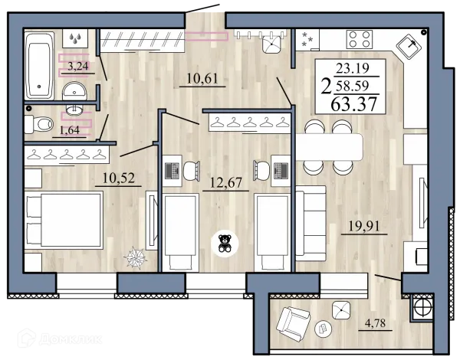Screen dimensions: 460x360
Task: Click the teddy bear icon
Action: pos(225,243)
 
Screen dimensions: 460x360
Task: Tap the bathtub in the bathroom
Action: pos(40,66)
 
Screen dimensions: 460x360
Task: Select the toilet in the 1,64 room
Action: pos(39,124)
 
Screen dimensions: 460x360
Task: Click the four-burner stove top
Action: pos(360,39)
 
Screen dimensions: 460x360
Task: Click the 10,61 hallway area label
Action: pos(202,79)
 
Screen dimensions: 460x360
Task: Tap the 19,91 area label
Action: pos(364,226)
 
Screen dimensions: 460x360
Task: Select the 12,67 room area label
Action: pos(226,182)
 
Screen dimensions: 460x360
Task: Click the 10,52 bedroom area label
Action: pos(119,178)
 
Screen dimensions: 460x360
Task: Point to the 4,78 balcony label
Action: pos(375,323)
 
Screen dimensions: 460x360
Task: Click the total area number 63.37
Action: pos(353,104)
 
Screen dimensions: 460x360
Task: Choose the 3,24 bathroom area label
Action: pos(77,66)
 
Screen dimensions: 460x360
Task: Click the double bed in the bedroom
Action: pos(64,220)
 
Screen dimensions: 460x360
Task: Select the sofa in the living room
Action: pos(310,223)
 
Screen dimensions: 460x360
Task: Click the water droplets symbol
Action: pos(75,38)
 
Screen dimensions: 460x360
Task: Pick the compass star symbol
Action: pos(135,257)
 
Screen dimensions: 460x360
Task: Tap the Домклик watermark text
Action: pos(71,339)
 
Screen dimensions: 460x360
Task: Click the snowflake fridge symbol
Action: pos(307,39)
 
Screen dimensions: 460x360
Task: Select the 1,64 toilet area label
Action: pos(70,130)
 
